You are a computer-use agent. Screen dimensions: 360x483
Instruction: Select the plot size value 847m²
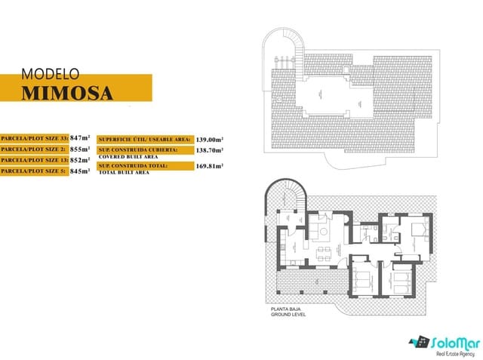pos(80,138)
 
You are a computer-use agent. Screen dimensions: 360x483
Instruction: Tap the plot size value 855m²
pos(80,149)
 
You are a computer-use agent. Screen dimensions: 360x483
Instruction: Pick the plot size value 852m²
pos(80,160)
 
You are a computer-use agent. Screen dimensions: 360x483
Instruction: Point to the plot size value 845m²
pos(78,171)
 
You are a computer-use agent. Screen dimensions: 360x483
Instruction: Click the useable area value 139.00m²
pos(210,140)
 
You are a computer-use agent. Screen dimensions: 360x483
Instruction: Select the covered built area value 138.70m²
pos(210,150)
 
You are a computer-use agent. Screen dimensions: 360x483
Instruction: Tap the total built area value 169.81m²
pos(210,167)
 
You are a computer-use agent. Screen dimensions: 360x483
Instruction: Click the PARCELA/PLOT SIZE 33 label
pos(34,139)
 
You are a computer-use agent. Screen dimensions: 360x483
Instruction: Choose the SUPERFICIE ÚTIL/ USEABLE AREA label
pos(155,140)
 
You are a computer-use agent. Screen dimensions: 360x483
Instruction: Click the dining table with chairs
pos(323,251)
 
